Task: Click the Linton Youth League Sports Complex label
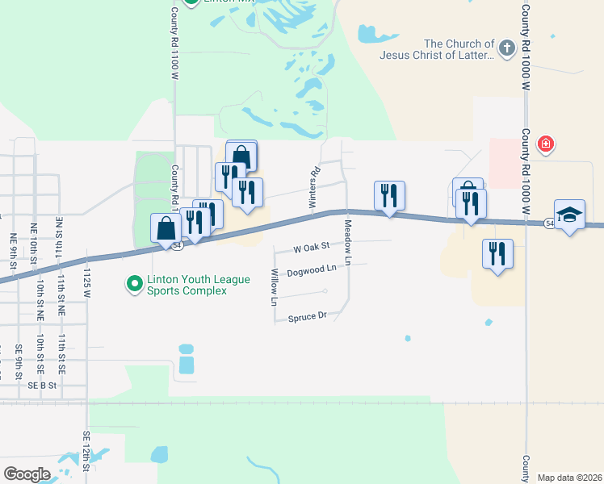tap(187, 285)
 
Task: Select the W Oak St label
tap(312, 247)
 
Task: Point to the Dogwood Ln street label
tap(311, 269)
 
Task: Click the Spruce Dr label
tap(307, 317)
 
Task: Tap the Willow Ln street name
tap(275, 288)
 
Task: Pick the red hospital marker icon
tap(546, 144)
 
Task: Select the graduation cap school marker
tap(569, 215)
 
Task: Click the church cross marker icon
tap(506, 48)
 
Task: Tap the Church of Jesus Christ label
tap(459, 49)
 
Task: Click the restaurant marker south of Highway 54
tap(497, 254)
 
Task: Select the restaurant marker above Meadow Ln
tap(389, 195)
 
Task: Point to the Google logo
tap(27, 474)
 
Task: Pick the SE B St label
tap(42, 386)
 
